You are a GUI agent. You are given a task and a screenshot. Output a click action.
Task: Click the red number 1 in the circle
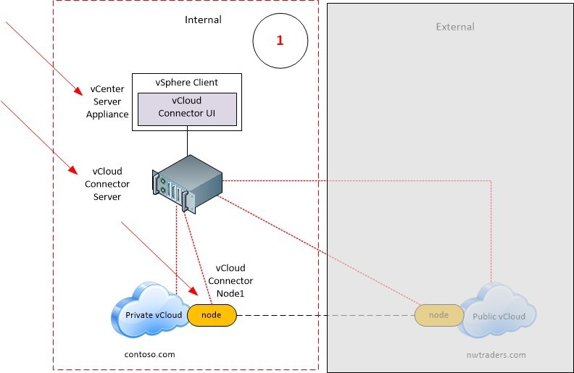click(280, 41)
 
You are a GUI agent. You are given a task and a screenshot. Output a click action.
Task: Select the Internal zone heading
click(203, 20)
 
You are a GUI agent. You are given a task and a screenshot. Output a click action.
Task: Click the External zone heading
click(455, 27)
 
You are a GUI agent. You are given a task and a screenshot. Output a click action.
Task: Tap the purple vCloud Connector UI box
click(187, 107)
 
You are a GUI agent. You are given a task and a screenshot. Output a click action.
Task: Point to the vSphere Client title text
click(187, 83)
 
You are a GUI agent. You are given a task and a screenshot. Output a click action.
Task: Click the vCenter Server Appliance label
click(107, 101)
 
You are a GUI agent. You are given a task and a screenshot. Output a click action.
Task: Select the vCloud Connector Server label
click(107, 184)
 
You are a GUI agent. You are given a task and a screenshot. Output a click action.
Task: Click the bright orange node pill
click(212, 315)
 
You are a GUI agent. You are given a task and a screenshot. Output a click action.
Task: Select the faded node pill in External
click(438, 315)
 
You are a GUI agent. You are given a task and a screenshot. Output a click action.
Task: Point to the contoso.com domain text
click(151, 354)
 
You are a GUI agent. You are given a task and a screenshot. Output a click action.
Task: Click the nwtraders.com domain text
click(496, 355)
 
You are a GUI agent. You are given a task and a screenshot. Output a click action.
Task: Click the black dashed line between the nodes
click(326, 316)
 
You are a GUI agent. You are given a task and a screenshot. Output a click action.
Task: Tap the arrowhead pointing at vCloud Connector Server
click(75, 172)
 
